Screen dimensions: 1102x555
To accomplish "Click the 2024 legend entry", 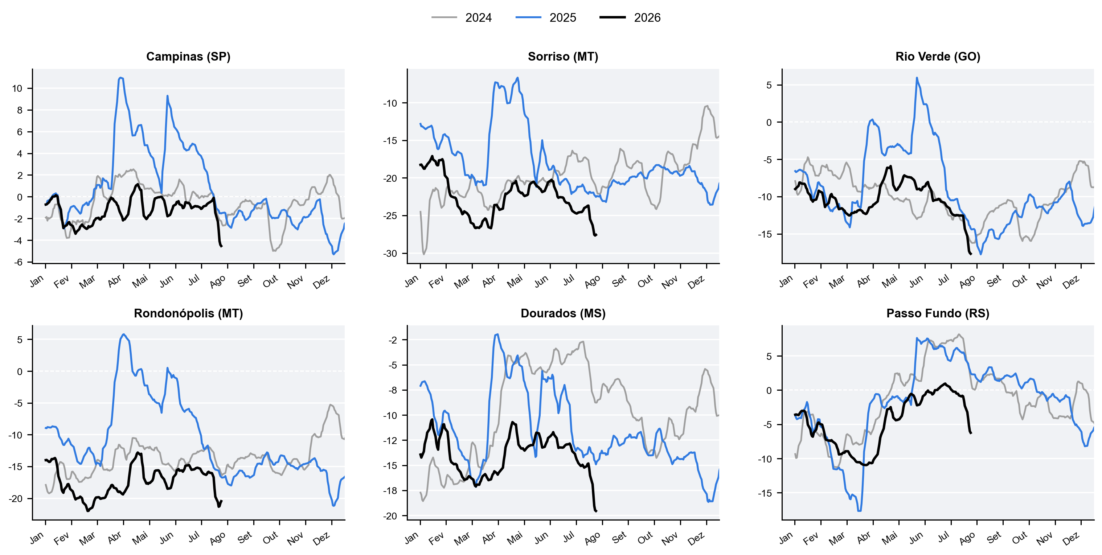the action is pos(462,17).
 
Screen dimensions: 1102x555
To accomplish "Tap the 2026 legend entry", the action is pos(630,17).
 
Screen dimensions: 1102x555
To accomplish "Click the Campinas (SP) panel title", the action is pos(188,57).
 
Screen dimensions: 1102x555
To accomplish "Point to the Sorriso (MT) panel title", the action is pos(563,57).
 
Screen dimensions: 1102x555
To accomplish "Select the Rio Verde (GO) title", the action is pos(938,57).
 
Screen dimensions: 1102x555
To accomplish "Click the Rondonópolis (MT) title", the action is pos(188,313).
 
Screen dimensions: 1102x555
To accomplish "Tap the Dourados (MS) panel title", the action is pos(563,313).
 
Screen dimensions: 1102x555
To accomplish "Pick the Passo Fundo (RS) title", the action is pos(938,313).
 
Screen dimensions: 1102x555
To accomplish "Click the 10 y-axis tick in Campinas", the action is pos(17,89).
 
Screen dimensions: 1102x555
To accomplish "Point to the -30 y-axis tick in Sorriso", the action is pos(390,254).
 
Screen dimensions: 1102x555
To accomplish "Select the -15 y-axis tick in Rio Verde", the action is pos(765,234).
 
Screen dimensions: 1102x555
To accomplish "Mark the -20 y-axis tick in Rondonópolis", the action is pos(15,498).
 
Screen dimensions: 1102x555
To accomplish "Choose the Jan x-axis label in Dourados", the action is pos(411,538).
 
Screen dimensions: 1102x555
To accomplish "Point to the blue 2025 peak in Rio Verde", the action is pos(917,78).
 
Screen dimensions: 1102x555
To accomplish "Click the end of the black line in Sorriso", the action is pos(596,235).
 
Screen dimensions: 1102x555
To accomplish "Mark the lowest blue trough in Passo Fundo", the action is pos(860,510).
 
